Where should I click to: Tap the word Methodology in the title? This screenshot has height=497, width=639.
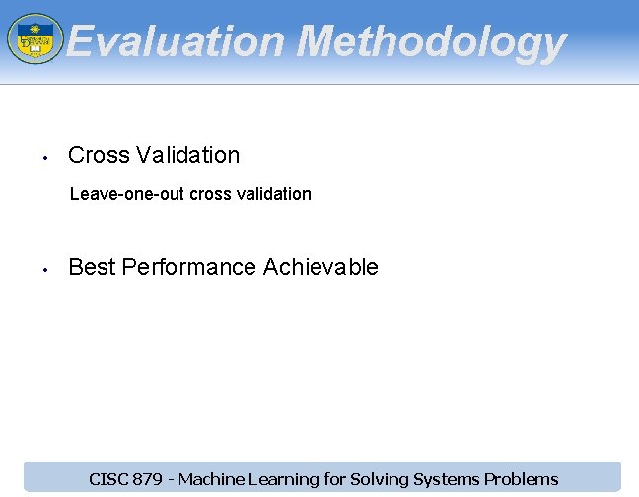point(431,42)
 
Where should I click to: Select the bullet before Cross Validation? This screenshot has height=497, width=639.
point(45,157)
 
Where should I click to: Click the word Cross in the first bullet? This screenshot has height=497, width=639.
point(99,155)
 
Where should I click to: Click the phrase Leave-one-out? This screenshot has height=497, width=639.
point(127,194)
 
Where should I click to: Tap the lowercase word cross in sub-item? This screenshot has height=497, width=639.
point(210,194)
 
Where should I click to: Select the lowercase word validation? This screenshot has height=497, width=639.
point(273,194)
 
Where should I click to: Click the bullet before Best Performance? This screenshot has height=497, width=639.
point(45,269)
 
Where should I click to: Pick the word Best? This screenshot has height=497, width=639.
point(92,267)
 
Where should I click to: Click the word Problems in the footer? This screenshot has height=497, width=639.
point(523,479)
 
